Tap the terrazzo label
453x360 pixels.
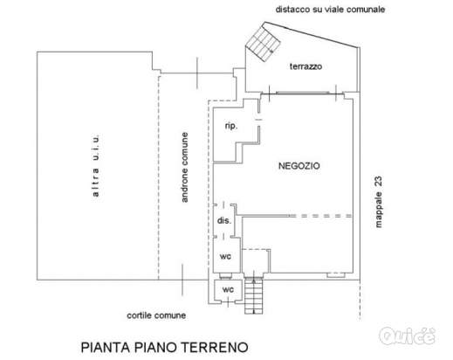coord(307,67)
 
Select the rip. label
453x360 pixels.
coord(231,126)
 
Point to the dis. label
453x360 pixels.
coord(223,221)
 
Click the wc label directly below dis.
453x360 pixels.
coord(225,256)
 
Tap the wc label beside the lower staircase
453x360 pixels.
coord(229,288)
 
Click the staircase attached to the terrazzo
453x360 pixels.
coord(261,42)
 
